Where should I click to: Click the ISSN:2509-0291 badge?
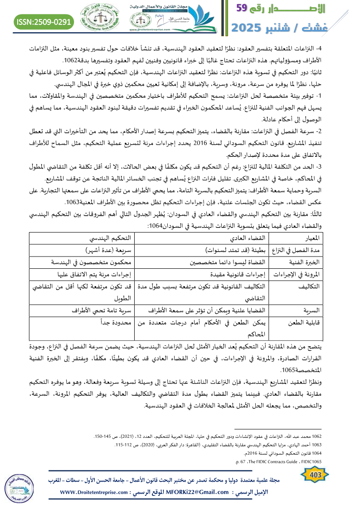44,21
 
